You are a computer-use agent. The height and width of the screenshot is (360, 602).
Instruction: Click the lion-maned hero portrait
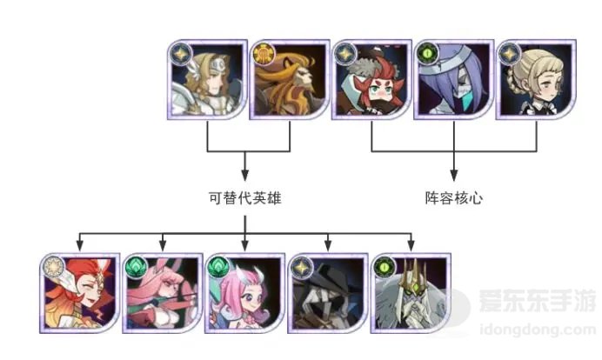click(x=290, y=79)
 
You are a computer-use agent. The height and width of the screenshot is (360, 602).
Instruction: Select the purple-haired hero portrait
click(x=454, y=79)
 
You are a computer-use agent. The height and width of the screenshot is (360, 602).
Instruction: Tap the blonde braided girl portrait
click(x=536, y=79)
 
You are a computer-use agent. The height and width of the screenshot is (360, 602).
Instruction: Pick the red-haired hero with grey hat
click(x=371, y=79)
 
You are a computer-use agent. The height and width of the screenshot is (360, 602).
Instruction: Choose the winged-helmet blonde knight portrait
click(x=207, y=79)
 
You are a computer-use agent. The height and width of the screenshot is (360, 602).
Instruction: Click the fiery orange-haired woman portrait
click(x=79, y=293)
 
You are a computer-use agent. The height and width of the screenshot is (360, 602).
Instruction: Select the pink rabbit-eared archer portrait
click(x=163, y=293)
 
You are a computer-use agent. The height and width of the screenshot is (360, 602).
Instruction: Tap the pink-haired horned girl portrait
click(x=245, y=293)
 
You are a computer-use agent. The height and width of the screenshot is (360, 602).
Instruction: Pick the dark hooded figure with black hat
click(x=328, y=293)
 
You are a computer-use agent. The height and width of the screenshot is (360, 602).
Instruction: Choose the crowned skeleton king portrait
click(x=411, y=293)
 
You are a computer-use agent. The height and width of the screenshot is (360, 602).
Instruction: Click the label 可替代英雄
click(x=245, y=198)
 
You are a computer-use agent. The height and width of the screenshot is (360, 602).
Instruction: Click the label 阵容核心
click(x=454, y=198)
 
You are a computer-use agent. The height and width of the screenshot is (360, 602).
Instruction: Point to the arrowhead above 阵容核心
click(x=454, y=176)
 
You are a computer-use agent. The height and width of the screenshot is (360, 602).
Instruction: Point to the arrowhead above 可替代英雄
click(x=245, y=176)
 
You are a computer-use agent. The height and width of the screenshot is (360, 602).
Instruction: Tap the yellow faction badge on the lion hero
click(x=264, y=54)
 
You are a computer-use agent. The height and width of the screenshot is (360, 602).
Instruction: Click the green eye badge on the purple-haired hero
click(x=428, y=54)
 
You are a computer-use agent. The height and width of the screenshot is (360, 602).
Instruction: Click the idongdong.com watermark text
click(x=538, y=330)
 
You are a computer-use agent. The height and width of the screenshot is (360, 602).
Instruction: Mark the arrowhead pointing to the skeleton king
click(x=411, y=245)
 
